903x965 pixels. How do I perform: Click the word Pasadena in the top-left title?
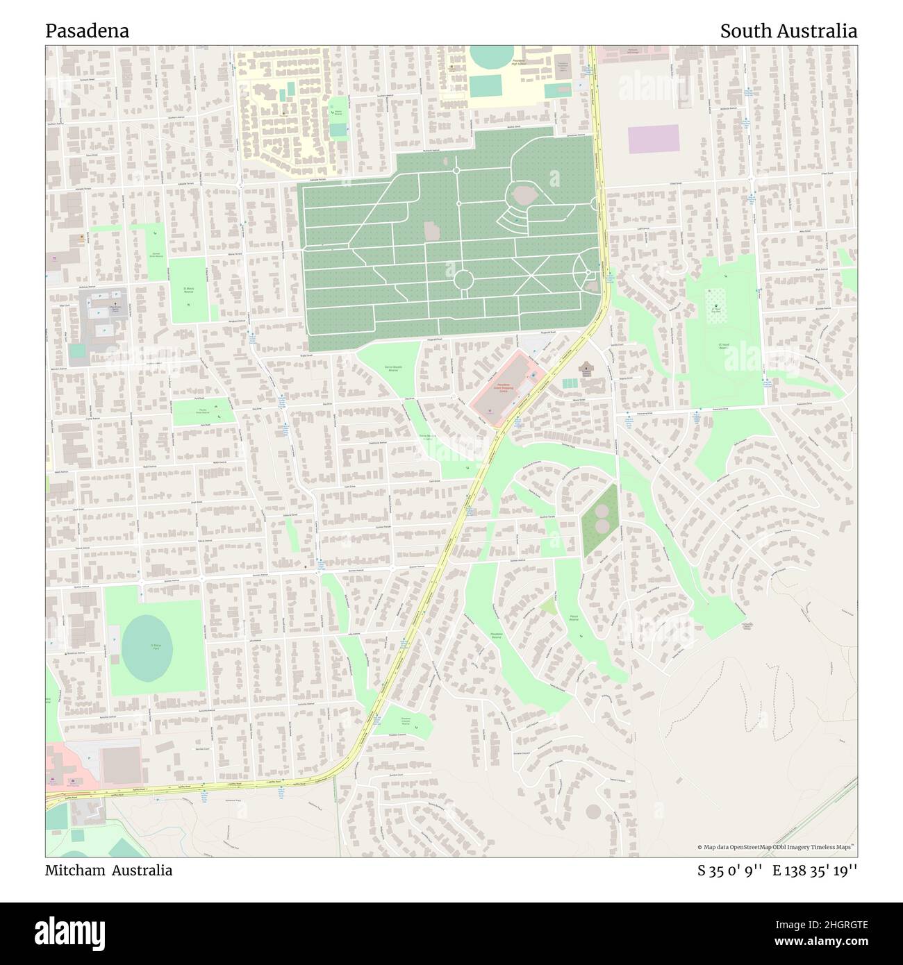pyautogui.click(x=87, y=31)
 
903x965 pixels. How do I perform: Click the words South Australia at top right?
pyautogui.click(x=788, y=31)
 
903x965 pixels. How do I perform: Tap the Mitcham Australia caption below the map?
pyautogui.click(x=109, y=870)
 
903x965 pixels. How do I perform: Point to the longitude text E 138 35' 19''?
pyautogui.click(x=815, y=870)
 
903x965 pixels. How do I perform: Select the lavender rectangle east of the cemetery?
pyautogui.click(x=653, y=139)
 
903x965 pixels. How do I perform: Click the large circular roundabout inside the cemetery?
pyautogui.click(x=463, y=280)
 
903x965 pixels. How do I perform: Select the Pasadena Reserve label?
pyautogui.click(x=495, y=635)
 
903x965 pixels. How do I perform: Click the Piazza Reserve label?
pyautogui.click(x=574, y=616)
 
